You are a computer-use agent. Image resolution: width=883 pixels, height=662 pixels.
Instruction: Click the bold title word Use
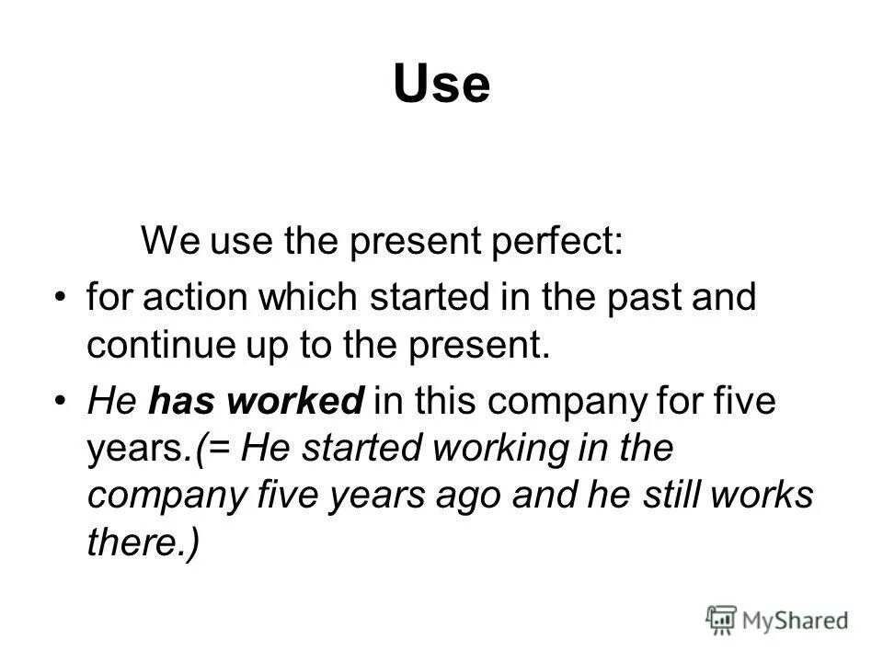[x=441, y=86]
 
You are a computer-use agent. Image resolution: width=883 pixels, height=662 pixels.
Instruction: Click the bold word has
[x=178, y=403]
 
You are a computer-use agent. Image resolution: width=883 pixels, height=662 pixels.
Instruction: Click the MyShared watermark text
[x=796, y=619]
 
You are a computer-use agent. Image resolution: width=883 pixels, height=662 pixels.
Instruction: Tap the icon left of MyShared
[x=723, y=619]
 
